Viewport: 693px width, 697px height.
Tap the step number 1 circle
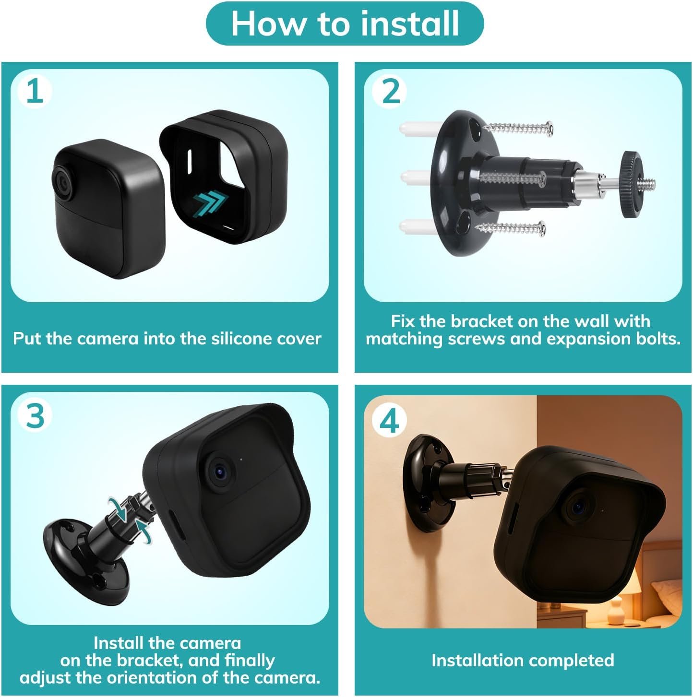35,92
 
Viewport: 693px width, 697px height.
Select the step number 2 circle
389,92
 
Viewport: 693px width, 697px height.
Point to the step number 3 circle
35,415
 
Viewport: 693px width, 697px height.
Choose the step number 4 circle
389,420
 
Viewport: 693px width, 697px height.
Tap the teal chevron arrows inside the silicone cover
210,205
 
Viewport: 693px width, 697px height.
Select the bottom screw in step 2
510,228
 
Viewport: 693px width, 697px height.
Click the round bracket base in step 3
85,564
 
